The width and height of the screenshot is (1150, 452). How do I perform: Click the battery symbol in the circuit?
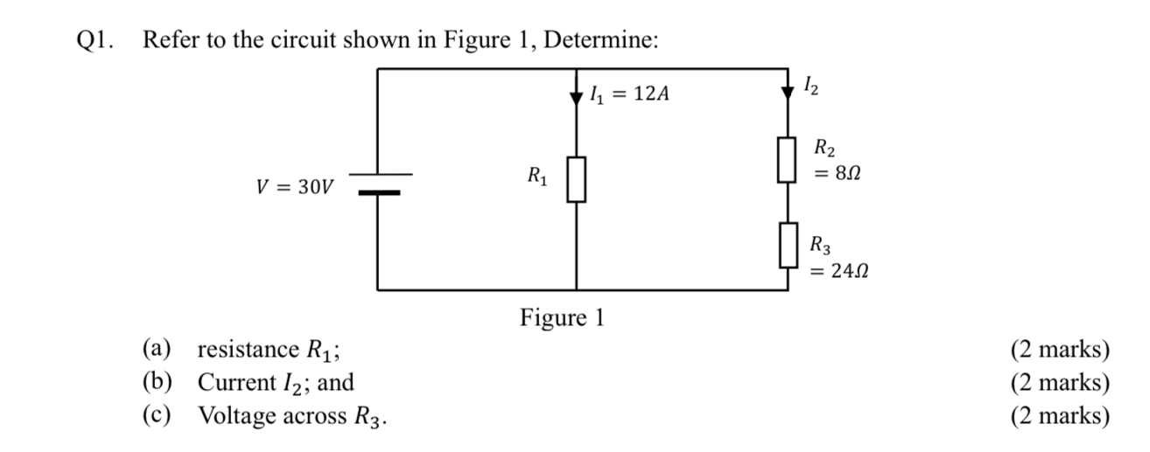(378, 184)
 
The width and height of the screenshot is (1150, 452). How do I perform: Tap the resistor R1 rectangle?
(576, 180)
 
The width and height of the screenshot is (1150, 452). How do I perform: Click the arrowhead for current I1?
(576, 97)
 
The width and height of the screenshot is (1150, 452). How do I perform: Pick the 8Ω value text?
(838, 175)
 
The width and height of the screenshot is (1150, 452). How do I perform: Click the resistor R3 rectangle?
(789, 245)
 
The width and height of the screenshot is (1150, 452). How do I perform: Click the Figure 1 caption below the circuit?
(562, 316)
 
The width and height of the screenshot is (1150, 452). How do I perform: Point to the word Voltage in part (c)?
(236, 415)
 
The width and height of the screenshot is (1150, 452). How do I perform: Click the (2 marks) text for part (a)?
(1060, 351)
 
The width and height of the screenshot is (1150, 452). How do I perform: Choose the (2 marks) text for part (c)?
(1060, 415)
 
